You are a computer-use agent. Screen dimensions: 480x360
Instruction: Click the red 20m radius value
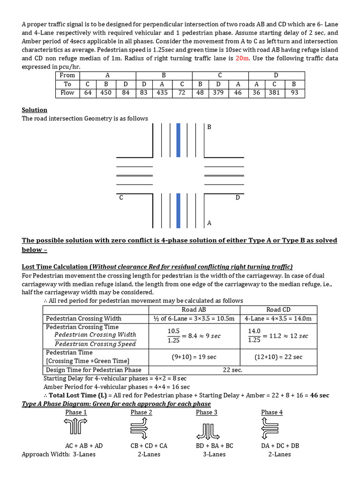pos(242,58)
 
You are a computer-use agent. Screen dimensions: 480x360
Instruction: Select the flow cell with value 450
pos(106,92)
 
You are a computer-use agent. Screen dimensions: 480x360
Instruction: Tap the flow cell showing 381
pos(274,92)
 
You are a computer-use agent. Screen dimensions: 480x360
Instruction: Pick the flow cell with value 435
pos(162,92)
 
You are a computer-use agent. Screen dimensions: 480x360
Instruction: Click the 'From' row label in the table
pos(67,75)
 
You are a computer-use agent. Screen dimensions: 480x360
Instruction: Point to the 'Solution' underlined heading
pos(35,110)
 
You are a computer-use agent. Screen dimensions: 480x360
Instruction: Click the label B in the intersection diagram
pos(209,127)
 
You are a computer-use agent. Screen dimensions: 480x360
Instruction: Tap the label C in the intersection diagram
pos(121,198)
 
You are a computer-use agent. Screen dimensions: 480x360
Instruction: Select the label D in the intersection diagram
pos(238,198)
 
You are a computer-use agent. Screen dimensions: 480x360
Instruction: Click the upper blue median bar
pos(178,140)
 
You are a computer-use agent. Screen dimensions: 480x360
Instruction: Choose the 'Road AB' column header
pos(194,310)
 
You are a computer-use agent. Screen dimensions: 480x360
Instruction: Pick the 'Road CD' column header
pos(278,310)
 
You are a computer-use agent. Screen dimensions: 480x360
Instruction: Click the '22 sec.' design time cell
pos(233,370)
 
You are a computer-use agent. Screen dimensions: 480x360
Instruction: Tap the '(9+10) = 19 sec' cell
pos(194,357)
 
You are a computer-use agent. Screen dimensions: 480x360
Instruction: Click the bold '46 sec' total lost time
pos(320,395)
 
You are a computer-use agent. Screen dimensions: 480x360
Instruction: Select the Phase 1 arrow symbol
pos(76,427)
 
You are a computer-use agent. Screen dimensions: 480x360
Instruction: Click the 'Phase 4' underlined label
pos(272,412)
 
